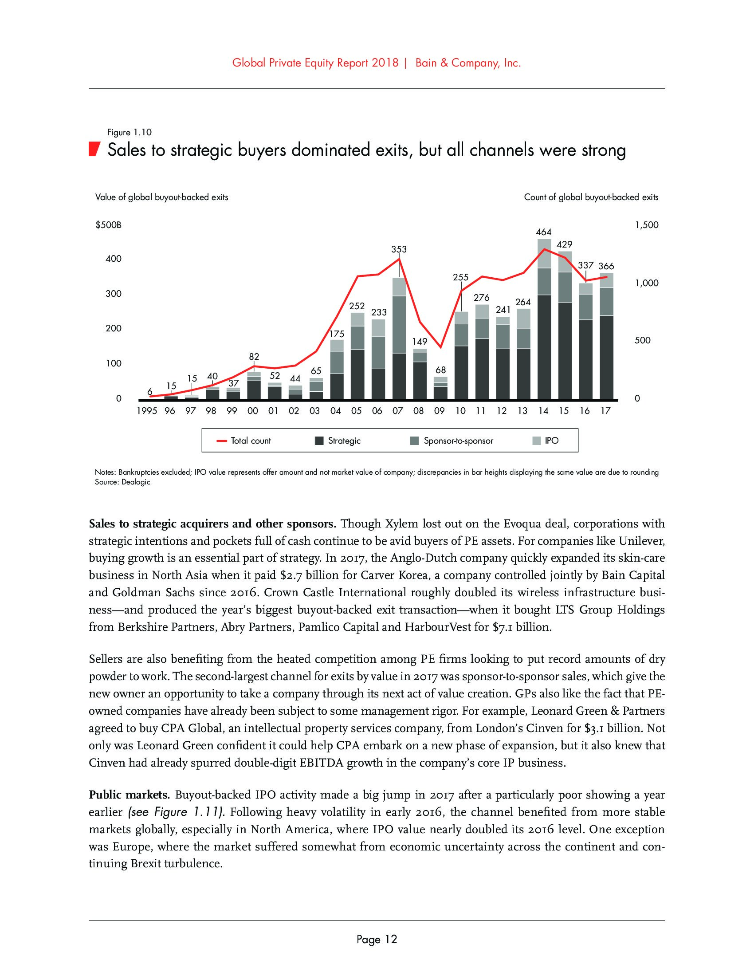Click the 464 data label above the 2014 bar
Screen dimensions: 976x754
coord(544,232)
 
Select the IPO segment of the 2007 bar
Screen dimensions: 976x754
coord(399,287)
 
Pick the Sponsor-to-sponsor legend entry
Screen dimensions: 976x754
coord(452,441)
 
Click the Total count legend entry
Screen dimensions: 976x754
coord(244,441)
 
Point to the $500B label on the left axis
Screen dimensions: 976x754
coord(109,225)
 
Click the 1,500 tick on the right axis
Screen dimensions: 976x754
coord(646,225)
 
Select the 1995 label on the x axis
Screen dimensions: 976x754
coord(147,411)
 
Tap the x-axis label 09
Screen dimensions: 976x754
coord(439,411)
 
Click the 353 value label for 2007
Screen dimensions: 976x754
coord(399,249)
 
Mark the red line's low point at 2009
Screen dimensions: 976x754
coord(440,347)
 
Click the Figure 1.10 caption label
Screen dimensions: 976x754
coord(130,132)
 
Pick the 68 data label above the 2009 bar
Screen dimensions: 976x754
coord(440,370)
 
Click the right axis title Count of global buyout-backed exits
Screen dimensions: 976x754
coord(591,197)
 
